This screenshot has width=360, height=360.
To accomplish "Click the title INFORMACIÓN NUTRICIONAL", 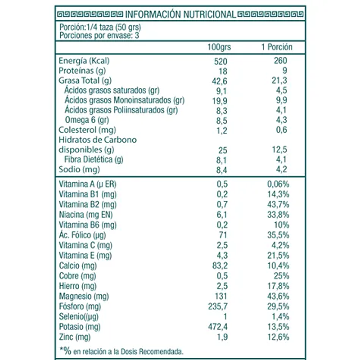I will click(182, 14).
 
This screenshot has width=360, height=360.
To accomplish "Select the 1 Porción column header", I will click(277, 47).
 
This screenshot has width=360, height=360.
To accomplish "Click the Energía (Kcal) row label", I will click(85, 61).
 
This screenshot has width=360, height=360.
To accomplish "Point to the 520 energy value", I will click(221, 61).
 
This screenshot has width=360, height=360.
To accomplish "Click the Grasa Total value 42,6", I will click(220, 81).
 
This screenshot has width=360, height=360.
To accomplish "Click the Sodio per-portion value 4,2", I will click(281, 170).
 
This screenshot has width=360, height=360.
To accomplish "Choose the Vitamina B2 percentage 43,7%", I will click(278, 204).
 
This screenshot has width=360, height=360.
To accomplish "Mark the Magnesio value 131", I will click(220, 296).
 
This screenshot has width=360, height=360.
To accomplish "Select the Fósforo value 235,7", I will click(219, 306).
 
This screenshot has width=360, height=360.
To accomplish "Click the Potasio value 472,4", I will click(219, 326).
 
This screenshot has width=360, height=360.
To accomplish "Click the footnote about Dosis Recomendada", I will click(121, 351).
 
